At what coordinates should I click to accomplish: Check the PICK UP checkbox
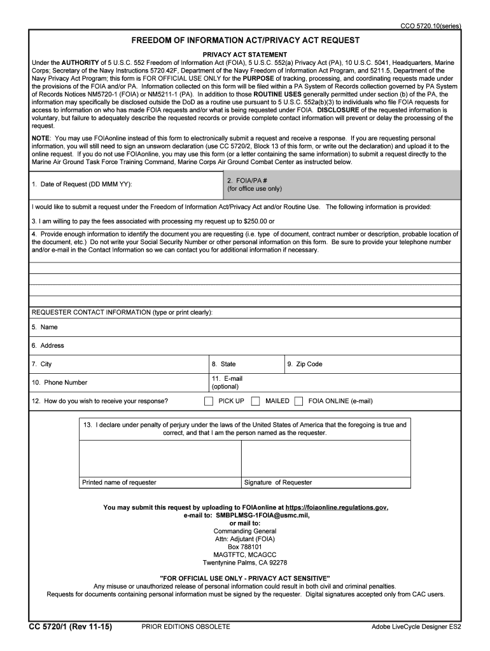point(209,401)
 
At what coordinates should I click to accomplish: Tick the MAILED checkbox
point(255,401)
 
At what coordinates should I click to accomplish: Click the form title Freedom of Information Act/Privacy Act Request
point(245,40)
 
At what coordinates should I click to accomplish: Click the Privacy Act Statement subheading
point(245,55)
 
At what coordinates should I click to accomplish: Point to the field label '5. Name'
point(45,327)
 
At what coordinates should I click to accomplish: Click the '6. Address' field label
point(48,346)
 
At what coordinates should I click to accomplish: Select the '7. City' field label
point(42,364)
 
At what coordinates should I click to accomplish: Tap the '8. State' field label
point(224,364)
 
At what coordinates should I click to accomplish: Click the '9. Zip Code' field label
point(305,364)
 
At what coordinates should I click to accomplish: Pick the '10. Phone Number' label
point(59,383)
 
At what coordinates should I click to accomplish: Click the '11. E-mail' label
point(227,378)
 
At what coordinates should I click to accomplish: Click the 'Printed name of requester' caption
point(119,483)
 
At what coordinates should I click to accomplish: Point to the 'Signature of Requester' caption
point(278,483)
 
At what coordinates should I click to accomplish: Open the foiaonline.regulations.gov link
point(337,507)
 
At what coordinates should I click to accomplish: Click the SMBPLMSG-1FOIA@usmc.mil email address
point(262,515)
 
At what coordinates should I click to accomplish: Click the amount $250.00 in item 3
point(257,221)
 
